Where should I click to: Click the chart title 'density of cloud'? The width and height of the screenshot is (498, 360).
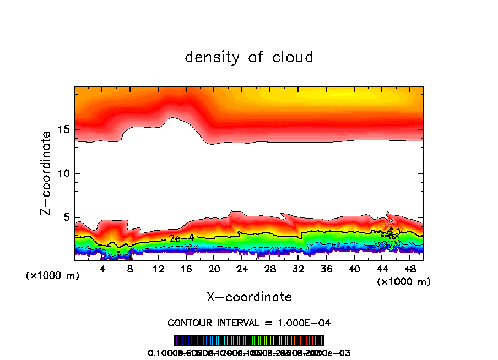(x=249, y=57)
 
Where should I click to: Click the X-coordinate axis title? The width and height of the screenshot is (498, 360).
(x=249, y=297)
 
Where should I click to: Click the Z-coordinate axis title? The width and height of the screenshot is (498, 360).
(x=47, y=172)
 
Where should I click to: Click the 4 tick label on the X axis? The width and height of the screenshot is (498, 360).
(x=102, y=269)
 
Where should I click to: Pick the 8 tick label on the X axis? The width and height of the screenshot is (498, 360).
(x=131, y=269)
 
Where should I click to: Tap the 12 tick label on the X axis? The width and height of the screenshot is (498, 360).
(x=158, y=269)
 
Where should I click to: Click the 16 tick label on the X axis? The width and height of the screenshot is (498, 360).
(x=186, y=269)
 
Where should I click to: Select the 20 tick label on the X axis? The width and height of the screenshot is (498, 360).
(x=214, y=269)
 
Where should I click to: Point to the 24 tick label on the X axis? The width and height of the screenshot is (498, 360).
(x=242, y=269)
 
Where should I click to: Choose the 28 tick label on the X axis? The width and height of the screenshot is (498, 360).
(x=270, y=269)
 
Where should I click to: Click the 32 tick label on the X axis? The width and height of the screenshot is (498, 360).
(x=298, y=269)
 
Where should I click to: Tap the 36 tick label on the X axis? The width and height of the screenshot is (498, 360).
(x=326, y=269)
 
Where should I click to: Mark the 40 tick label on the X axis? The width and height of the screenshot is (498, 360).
(x=354, y=269)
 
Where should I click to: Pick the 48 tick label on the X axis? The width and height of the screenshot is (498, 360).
(x=409, y=269)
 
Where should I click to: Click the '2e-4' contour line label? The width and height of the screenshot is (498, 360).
(x=181, y=238)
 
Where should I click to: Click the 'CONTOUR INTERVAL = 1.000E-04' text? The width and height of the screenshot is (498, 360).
(x=249, y=322)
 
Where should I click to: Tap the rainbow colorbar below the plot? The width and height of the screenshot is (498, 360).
(x=249, y=340)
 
